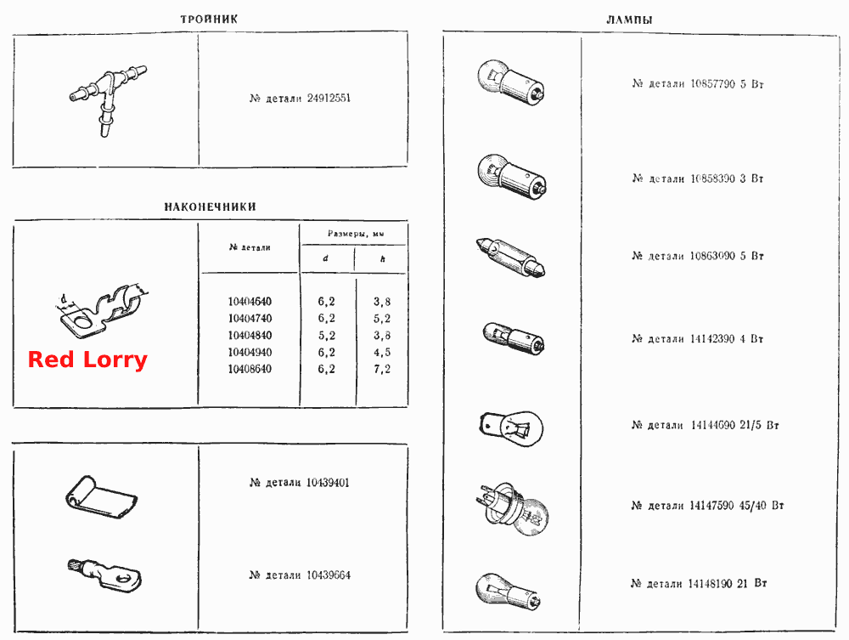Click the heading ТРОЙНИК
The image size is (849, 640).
click(x=209, y=19)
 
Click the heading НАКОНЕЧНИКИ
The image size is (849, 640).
click(x=210, y=207)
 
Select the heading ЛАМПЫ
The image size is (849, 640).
click(x=629, y=20)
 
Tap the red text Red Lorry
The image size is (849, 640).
click(x=87, y=360)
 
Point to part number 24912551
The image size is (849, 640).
click(x=329, y=98)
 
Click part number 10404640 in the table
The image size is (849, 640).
click(x=250, y=302)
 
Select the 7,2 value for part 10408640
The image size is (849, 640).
click(x=382, y=369)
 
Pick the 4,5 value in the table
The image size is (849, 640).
click(x=382, y=352)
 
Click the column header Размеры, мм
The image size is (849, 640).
click(x=356, y=234)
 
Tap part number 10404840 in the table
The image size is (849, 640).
click(x=250, y=336)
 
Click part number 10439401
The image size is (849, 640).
click(x=328, y=482)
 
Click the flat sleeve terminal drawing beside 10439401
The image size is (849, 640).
click(x=101, y=496)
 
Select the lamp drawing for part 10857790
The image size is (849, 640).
click(x=510, y=82)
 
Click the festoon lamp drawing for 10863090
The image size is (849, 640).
click(x=510, y=258)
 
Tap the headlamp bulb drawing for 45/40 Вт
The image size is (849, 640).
click(x=514, y=508)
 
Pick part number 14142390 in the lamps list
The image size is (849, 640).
click(x=712, y=339)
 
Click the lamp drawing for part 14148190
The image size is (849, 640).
click(x=508, y=590)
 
